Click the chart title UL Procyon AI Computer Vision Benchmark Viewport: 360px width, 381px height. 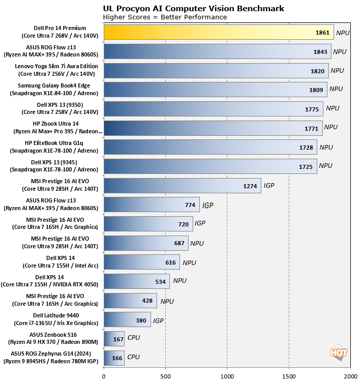pos(193,8)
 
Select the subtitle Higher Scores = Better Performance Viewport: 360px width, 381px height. pos(165,17)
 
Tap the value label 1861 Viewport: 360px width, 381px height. pos(323,33)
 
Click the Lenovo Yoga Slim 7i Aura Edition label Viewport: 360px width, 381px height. pos(57,70)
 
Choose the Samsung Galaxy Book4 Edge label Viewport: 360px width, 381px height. pos(57,89)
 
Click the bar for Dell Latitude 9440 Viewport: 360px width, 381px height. pos(127,319)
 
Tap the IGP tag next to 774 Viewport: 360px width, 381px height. pos(208,206)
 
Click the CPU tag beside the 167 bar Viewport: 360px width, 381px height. pos(133,338)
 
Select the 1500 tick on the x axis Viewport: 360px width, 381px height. pos(289,376)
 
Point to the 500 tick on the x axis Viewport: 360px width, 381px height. pos(165,376)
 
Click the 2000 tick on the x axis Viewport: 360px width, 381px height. pos(350,376)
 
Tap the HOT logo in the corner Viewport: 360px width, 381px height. pos(336,351)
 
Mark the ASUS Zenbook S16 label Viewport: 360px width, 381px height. pos(57,338)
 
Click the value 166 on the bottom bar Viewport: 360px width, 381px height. pos(117,358)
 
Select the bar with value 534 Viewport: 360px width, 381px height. pos(136,281)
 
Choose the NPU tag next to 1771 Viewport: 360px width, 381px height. pos(331,127)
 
